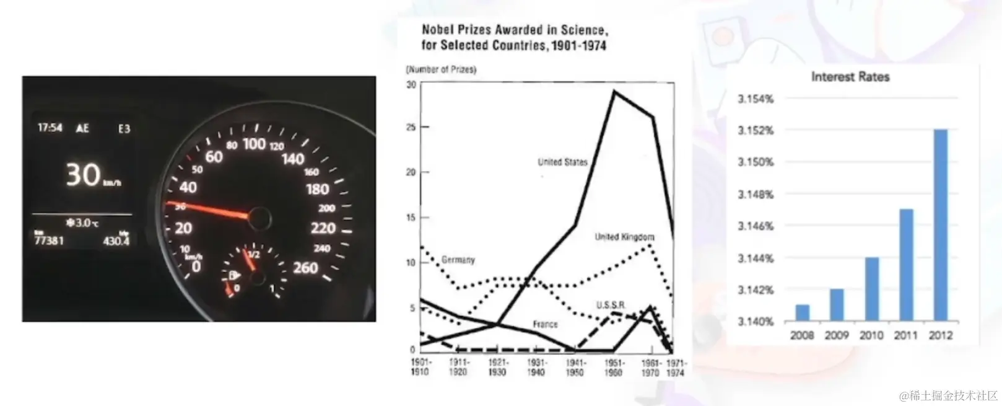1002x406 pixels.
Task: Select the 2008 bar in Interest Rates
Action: pos(802,313)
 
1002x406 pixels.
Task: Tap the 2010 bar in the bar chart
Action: pos(871,289)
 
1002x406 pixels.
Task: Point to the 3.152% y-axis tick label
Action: pos(755,130)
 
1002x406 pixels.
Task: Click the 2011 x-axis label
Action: pos(905,335)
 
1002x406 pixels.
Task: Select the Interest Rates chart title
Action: pos(850,77)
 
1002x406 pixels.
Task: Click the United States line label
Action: pos(562,162)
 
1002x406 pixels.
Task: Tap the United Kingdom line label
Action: pos(624,237)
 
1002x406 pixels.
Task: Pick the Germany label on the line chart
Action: pos(458,260)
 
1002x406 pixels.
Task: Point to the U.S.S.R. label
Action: pos(611,305)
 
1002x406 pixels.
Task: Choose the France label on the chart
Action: pos(545,324)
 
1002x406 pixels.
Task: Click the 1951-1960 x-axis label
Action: pos(613,368)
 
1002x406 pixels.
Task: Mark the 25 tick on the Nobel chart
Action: pos(411,127)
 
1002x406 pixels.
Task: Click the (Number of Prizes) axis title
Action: pos(441,69)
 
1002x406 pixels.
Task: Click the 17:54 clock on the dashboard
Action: pos(50,128)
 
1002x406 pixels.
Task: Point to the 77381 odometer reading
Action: pos(49,241)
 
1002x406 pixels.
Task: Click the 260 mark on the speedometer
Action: pos(305,268)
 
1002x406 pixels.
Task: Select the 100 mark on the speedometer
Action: pos(254,144)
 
